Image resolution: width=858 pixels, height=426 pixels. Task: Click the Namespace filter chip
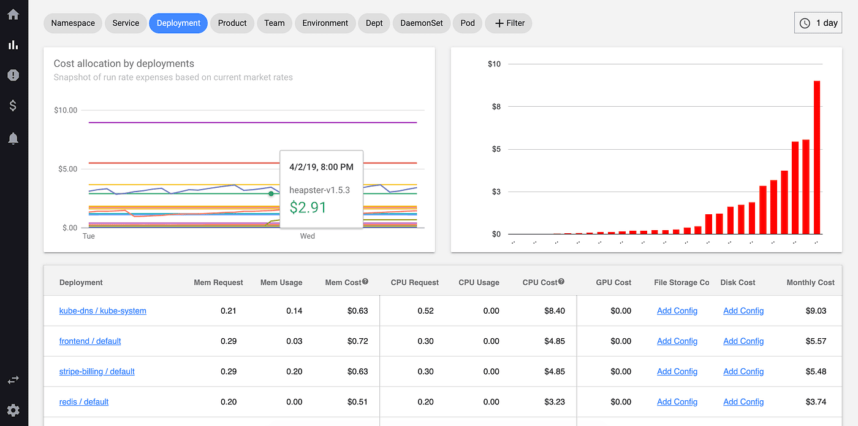[73, 23]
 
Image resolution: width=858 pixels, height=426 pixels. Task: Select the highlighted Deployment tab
[178, 23]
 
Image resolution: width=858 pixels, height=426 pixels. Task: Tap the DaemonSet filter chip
[422, 23]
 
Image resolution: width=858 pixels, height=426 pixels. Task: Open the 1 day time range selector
[818, 23]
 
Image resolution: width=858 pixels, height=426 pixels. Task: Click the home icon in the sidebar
[13, 15]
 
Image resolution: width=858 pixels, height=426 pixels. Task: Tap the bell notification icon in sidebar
[13, 139]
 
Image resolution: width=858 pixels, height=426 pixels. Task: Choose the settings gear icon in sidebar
[13, 410]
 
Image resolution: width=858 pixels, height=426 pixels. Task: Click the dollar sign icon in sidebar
[13, 106]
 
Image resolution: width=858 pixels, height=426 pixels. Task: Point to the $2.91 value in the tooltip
[308, 207]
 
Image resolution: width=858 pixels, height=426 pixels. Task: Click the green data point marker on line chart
[271, 193]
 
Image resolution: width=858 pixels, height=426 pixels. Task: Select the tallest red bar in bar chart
[817, 157]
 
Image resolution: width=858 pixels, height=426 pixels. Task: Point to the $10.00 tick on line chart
[66, 110]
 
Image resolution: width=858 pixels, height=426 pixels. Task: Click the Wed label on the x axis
[307, 236]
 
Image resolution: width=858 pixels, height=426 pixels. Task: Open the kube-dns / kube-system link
[102, 311]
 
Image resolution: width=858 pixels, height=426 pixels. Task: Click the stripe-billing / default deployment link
[97, 371]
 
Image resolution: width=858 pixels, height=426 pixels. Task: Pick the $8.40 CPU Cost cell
[554, 311]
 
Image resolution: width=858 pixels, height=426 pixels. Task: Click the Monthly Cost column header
[810, 282]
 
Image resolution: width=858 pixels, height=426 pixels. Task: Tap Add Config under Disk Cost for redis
[743, 402]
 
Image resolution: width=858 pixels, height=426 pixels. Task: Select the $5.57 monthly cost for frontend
[816, 341]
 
